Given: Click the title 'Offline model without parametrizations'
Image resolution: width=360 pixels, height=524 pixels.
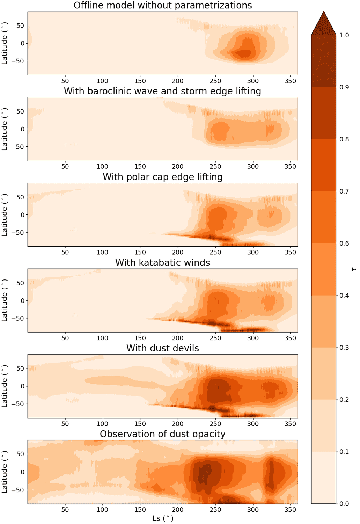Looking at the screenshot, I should [163, 6].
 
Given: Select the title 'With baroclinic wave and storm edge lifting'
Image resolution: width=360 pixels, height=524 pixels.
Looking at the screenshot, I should [163, 91].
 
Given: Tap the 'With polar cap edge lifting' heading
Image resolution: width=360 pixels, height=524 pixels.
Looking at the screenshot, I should [163, 177].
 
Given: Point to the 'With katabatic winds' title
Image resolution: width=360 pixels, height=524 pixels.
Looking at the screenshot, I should [163, 263].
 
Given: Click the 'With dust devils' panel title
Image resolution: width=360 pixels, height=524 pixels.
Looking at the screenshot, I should [163, 348].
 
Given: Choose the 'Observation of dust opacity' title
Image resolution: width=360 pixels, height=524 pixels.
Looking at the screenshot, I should [163, 434].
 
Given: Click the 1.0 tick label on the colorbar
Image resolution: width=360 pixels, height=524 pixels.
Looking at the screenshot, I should [344, 35].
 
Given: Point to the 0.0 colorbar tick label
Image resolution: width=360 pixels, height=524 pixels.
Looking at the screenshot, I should [344, 503].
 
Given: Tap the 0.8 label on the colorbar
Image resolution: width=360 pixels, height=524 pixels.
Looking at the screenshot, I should [344, 139].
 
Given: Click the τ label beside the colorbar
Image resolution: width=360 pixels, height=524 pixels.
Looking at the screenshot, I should [354, 269].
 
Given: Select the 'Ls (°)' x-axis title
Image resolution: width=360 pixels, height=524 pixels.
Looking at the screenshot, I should [163, 518].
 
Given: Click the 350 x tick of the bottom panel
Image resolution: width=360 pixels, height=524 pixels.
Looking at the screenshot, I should [291, 510].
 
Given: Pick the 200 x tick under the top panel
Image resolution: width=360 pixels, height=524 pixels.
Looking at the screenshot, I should [178, 81].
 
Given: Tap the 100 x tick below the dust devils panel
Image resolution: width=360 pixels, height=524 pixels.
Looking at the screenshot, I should [102, 424].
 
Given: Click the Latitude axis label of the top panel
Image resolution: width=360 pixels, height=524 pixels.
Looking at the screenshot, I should [5, 43].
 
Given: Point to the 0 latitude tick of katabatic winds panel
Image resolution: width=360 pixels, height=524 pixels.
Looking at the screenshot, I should [22, 300].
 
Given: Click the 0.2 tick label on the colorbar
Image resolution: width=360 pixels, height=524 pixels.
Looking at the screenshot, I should [344, 400].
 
